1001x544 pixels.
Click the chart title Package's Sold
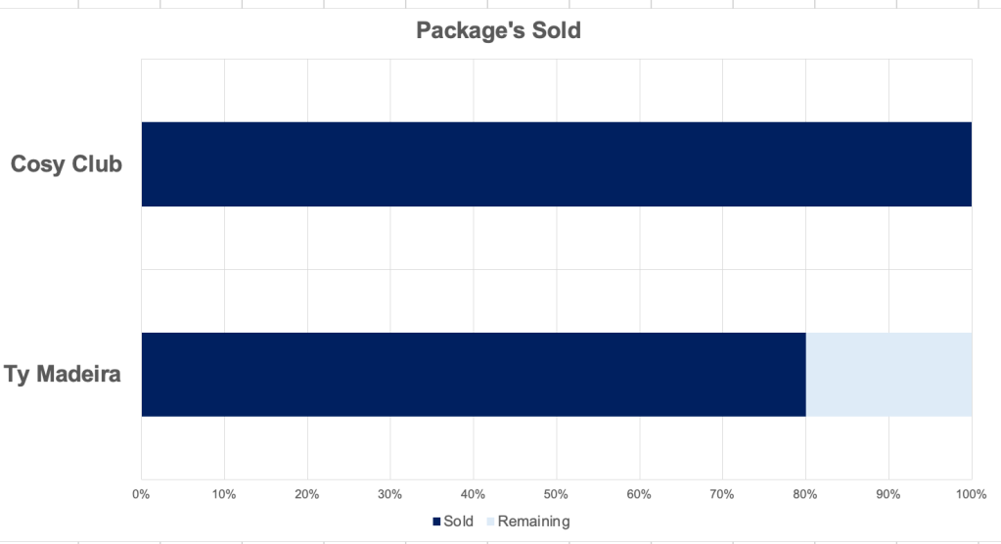498,30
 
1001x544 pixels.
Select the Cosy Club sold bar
556,164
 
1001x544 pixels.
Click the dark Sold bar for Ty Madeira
473,375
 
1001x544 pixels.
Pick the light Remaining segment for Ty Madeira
888,375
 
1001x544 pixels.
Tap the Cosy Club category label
67,164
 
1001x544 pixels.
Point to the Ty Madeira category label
63,375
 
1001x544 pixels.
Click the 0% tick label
141,493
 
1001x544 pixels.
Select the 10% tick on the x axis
224,493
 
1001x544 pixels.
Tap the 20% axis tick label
307,493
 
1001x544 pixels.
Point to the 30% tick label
390,493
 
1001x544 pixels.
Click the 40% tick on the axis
474,493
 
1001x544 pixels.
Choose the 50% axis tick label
557,493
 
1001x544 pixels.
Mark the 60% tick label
639,493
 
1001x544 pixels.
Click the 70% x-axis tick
722,493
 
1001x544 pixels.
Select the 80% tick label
805,493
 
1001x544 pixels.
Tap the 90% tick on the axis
888,493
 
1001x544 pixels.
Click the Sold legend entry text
458,521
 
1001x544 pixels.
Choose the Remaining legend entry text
533,521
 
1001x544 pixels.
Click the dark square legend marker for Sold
436,521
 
